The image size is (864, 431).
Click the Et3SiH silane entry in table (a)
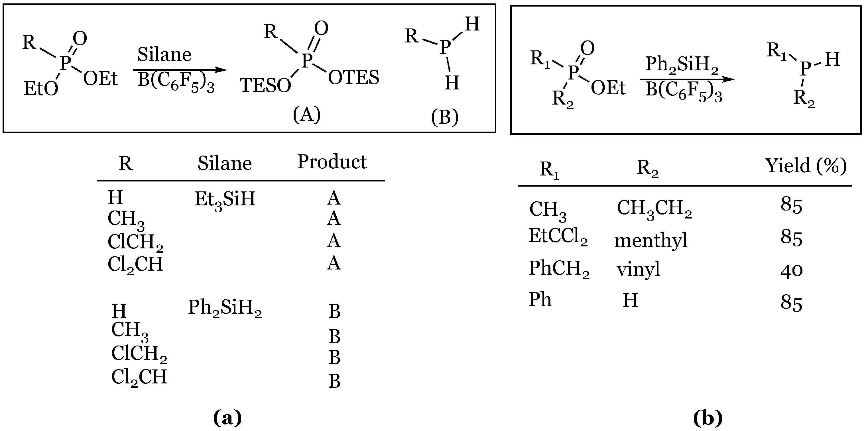[x=225, y=199]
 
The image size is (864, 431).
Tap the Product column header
[x=332, y=162]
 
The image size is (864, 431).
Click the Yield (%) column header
[x=805, y=166]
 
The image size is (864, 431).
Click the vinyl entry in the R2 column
[x=638, y=269]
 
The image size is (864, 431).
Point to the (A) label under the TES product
[x=306, y=115]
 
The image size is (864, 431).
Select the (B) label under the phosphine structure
[x=445, y=118]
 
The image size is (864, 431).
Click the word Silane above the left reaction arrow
[x=164, y=55]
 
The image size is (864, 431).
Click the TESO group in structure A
[x=265, y=86]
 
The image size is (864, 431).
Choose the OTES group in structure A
[x=353, y=78]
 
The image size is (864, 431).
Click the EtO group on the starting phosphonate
[x=41, y=89]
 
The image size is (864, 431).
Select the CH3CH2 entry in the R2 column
[x=654, y=209]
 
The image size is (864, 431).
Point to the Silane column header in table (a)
[x=224, y=164]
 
